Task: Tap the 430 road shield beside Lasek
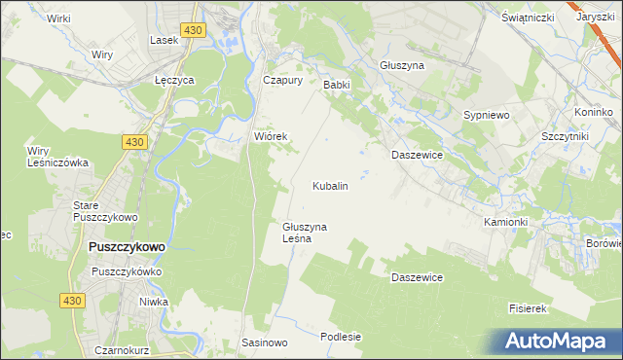(194, 31)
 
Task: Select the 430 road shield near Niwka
(70, 303)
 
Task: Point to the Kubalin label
(330, 185)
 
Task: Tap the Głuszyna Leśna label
(305, 233)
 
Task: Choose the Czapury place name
(284, 81)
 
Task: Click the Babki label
(336, 85)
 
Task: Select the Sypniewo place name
(487, 115)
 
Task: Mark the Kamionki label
(505, 222)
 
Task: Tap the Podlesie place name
(341, 337)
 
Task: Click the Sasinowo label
(265, 343)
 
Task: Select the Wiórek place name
(271, 136)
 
